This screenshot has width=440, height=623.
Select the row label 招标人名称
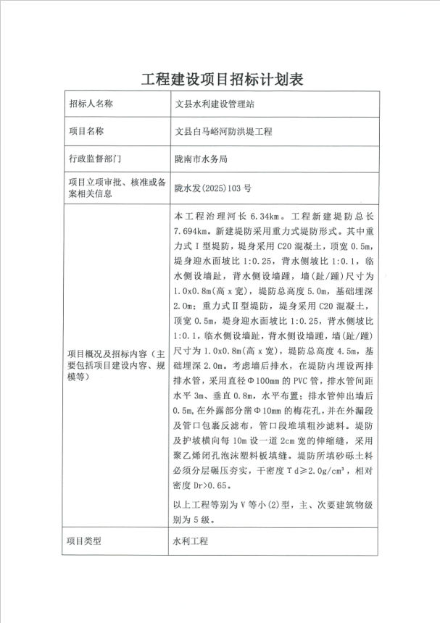pyautogui.click(x=91, y=104)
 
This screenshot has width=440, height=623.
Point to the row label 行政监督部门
pyautogui.click(x=91, y=158)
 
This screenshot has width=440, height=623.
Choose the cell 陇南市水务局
pyautogui.click(x=202, y=159)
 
